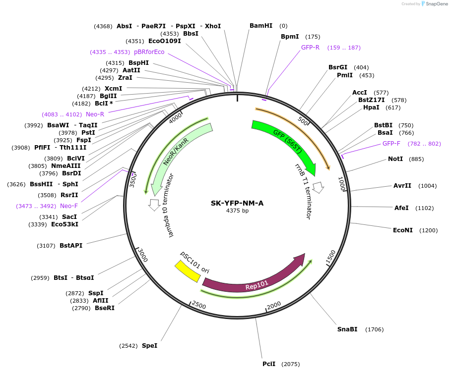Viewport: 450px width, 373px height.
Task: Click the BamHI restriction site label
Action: [x=261, y=26]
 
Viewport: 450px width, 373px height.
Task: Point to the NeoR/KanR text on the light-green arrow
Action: [x=176, y=151]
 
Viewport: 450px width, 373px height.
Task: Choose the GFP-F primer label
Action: [x=391, y=144]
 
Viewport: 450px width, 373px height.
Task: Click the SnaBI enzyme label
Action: [x=347, y=329]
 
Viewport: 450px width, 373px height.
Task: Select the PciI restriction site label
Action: [x=269, y=364]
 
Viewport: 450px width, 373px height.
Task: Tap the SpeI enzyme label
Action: [x=149, y=345]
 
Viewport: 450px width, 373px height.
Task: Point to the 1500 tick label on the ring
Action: [x=331, y=258]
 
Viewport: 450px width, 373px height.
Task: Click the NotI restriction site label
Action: [x=395, y=159]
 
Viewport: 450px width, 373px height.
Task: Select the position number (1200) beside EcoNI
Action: [x=429, y=230]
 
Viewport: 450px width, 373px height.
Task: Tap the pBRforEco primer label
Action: [x=149, y=52]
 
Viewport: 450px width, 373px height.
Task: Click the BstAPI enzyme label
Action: [x=71, y=245]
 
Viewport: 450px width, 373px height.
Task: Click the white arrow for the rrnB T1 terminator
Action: [x=319, y=188]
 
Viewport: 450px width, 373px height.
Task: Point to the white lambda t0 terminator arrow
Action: [x=154, y=203]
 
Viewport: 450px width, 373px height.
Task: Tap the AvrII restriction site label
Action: [x=402, y=186]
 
